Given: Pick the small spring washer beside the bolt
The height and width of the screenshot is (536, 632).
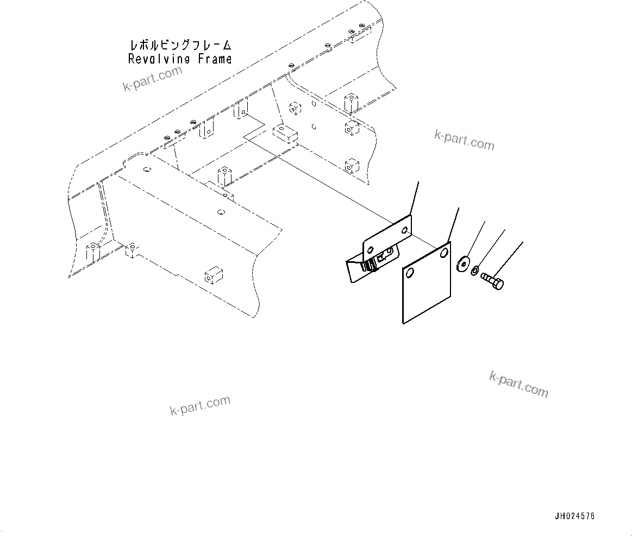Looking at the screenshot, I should click(x=474, y=270).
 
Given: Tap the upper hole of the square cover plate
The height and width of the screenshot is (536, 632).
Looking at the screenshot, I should click(x=445, y=253).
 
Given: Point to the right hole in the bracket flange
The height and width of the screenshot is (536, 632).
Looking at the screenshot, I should click(x=405, y=231).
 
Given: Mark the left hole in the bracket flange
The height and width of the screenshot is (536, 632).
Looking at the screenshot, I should click(x=371, y=250).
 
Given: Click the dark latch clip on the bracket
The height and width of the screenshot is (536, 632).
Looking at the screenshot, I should click(x=371, y=264).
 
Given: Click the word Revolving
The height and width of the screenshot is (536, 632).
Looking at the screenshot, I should click(x=158, y=59).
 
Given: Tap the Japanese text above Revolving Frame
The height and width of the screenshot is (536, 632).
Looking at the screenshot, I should click(x=180, y=45).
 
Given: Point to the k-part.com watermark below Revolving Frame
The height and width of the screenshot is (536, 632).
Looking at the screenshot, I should click(x=152, y=79).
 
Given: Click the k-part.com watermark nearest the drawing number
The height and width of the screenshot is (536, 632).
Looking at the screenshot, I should click(x=518, y=384).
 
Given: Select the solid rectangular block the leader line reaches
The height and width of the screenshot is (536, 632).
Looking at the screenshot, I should click(x=284, y=132).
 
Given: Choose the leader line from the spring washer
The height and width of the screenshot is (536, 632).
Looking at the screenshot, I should click(x=491, y=247).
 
